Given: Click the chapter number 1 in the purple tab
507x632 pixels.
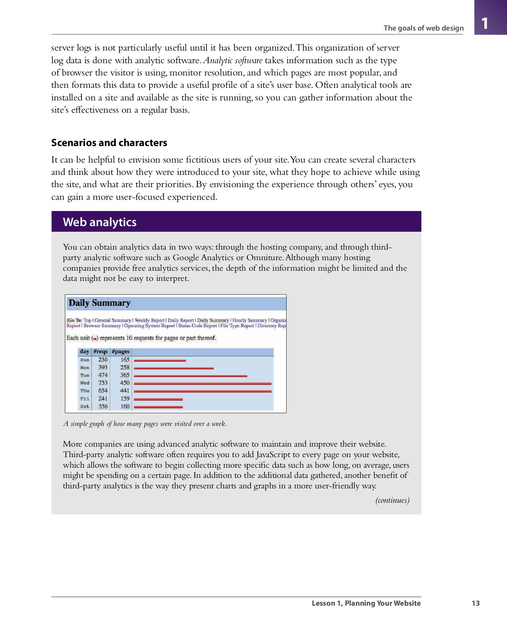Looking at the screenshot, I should point(485,24).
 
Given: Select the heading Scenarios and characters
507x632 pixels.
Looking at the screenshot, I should point(109,143).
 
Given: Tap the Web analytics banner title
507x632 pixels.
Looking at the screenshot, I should point(100,222).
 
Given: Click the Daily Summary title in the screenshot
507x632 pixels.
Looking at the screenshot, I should point(99,303).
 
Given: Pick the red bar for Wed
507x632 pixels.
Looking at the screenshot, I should point(202,383).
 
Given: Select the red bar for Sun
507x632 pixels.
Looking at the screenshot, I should point(160,360).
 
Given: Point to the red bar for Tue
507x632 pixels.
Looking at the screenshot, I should point(190,376).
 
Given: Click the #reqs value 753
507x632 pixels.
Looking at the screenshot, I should point(103,383).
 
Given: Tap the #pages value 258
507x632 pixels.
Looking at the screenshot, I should point(125,367).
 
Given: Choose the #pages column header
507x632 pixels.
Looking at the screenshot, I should point(120,351).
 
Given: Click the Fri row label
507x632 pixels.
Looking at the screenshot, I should point(85,399).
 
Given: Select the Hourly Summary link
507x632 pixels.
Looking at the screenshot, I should point(249,320).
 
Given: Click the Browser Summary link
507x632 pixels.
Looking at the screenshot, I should point(102,326).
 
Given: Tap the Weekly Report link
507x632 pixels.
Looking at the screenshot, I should point(149,320).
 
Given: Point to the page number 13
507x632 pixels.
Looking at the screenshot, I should point(475,603).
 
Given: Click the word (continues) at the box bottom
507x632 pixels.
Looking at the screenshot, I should point(392,500).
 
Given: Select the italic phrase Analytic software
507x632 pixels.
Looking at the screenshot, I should point(233,60).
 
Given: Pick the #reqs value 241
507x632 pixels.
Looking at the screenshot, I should point(103,399).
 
